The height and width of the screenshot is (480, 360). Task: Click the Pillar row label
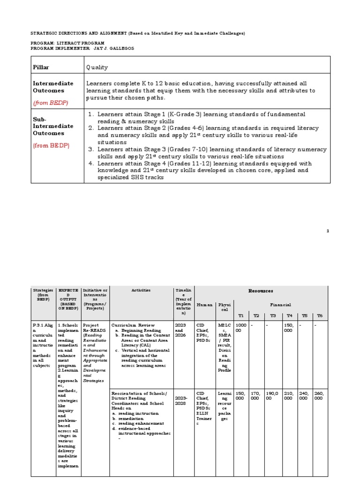[x=41, y=67]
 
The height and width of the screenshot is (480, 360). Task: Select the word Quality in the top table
[x=97, y=67]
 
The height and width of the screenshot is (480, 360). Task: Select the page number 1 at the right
[x=328, y=231]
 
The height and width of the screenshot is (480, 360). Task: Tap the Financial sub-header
[x=283, y=305]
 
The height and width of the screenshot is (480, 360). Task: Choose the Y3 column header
[x=272, y=315]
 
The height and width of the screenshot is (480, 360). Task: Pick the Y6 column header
[x=320, y=315]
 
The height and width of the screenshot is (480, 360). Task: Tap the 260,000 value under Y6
[x=320, y=396]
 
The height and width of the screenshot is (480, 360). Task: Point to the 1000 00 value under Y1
[x=241, y=327]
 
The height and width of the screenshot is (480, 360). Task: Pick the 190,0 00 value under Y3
[x=272, y=396]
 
